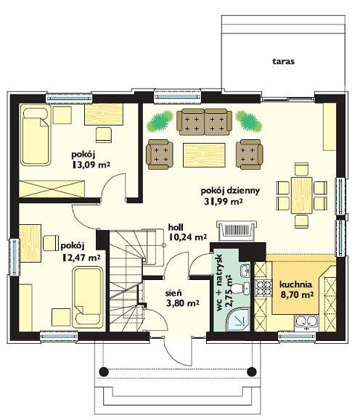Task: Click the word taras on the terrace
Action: pos(284,62)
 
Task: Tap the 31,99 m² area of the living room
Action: pos(224,202)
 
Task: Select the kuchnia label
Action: pos(295,284)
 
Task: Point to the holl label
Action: pos(176,228)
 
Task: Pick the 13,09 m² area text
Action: pos(91,165)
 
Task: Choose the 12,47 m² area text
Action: pos(81,258)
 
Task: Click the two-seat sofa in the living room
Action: pos(204,122)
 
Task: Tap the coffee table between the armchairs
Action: pos(204,155)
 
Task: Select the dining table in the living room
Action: pos(302,195)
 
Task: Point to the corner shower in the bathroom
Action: pos(238,320)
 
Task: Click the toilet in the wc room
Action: pos(240,289)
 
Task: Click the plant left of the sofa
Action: pos(160,122)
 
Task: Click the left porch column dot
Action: pos(104,371)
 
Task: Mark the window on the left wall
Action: pos(15,257)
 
